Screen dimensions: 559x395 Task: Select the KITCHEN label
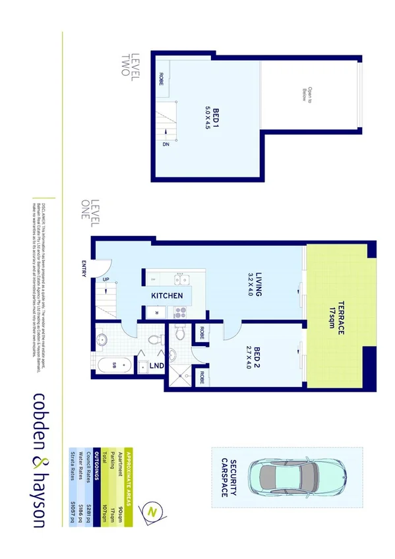coord(167,296)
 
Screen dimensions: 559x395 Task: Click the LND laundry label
coord(157,365)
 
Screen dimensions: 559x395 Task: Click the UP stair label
coord(106,279)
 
